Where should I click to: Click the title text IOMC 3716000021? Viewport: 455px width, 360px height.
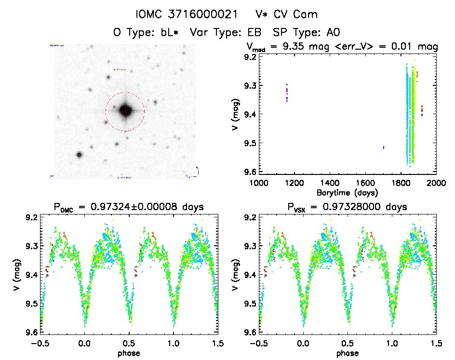(x=178, y=14)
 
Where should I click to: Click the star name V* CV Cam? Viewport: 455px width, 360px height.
(x=281, y=14)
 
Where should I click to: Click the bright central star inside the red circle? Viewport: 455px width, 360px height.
(x=125, y=111)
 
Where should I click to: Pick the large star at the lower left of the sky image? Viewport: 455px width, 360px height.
(x=79, y=155)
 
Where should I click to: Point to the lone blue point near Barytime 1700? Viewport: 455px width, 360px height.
(x=384, y=147)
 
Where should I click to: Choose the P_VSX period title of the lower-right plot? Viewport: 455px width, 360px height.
(x=348, y=207)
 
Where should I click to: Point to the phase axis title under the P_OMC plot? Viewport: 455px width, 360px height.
(x=128, y=353)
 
